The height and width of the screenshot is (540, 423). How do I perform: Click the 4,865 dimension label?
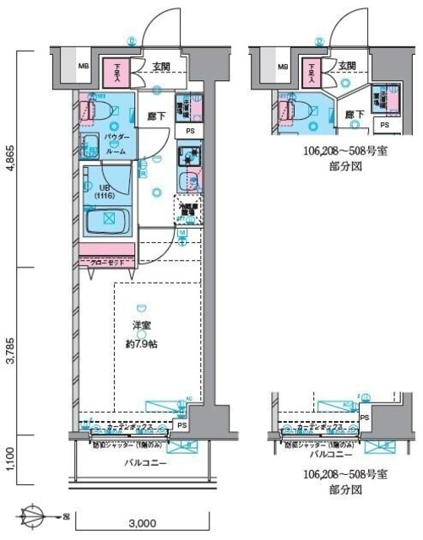(x=10, y=158)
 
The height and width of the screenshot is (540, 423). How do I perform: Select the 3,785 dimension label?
(x=10, y=348)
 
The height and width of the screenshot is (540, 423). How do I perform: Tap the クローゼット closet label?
(x=106, y=262)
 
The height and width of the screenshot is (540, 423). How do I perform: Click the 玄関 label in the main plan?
(x=161, y=66)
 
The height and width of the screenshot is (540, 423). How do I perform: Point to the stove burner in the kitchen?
(x=187, y=154)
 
